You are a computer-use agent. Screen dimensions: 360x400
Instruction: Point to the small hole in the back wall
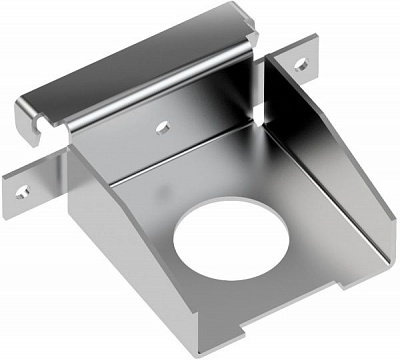click(x=162, y=127)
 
